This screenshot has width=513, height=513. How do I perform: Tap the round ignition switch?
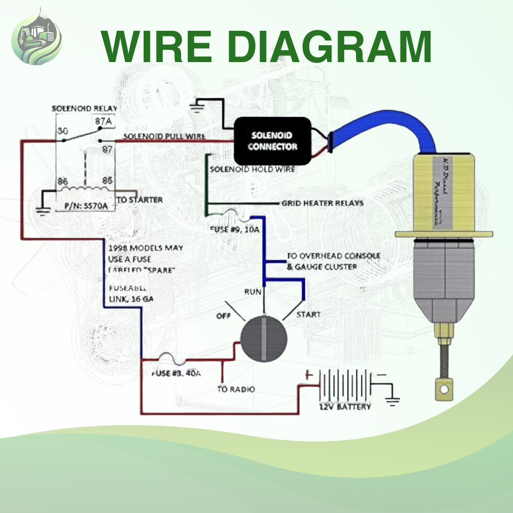pos(264,339)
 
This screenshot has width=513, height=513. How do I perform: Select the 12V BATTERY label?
pos(345,407)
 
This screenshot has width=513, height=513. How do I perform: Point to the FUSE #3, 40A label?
pos(175,373)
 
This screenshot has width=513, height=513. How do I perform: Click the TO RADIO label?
pos(235,389)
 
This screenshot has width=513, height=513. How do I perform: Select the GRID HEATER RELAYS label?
pos(322,203)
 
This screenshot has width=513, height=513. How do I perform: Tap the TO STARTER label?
pos(140,200)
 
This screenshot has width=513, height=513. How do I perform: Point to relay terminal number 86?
pos(63,181)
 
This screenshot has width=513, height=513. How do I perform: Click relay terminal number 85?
pos(107,181)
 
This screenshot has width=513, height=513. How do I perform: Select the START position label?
pos(308,314)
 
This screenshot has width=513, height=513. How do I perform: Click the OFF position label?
pos(224,316)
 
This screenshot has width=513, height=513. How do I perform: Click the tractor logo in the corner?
pos(37,36)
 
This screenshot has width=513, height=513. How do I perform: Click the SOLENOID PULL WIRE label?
pos(164,137)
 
